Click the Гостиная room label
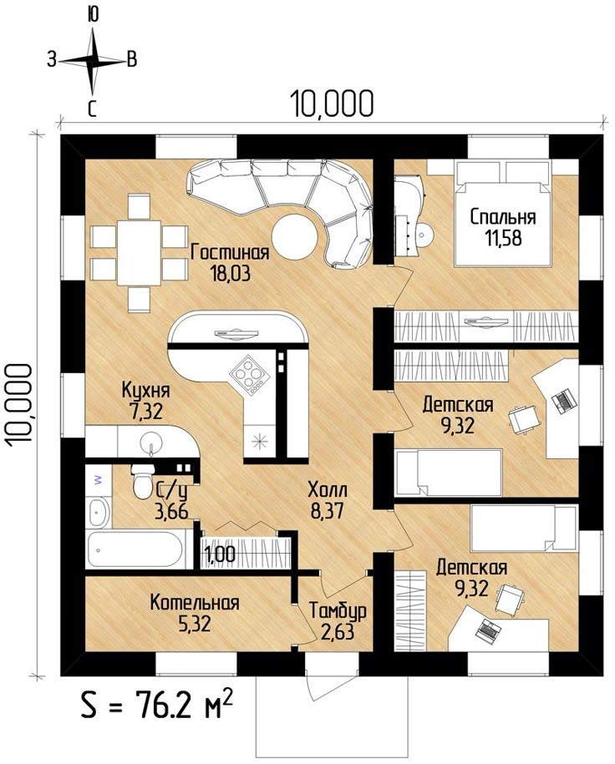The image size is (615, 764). point(230,253)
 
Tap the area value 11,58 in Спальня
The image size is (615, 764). point(503,238)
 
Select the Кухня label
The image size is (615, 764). point(145,391)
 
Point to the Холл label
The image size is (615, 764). point(328,490)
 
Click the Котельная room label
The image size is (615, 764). point(195,603)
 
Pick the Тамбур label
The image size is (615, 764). point(338,611)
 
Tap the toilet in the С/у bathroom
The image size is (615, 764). point(143,481)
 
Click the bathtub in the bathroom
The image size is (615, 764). point(135,549)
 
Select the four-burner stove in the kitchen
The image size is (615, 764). point(249,375)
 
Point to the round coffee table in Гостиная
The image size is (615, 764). point(294,238)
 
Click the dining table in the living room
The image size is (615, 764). point(139,253)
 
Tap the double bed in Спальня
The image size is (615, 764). point(503,214)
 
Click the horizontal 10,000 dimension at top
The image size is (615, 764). point(332,104)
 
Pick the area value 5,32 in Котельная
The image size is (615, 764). point(194,624)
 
